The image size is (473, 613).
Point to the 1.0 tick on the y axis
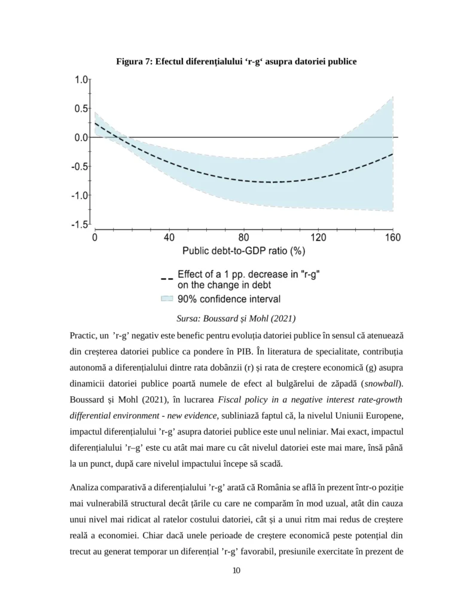pyautogui.click(x=81, y=80)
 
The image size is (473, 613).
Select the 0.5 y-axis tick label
pyautogui.click(x=81, y=108)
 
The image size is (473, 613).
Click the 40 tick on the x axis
pyautogui.click(x=169, y=237)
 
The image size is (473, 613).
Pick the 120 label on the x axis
pyautogui.click(x=318, y=237)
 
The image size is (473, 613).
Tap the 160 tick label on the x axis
pyautogui.click(x=392, y=237)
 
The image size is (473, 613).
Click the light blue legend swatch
pyautogui.click(x=167, y=298)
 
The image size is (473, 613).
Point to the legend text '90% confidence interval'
pyautogui.click(x=229, y=298)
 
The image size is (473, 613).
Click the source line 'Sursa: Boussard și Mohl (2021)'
pyautogui.click(x=236, y=318)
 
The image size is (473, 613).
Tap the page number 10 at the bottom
pyautogui.click(x=236, y=570)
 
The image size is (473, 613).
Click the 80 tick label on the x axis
pyautogui.click(x=243, y=237)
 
